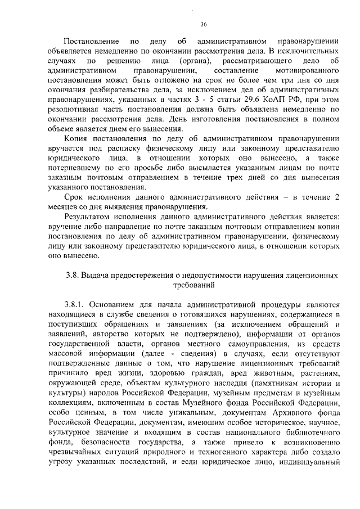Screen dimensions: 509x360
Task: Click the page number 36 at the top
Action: [204, 23]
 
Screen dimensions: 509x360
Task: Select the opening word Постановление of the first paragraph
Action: [92, 42]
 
